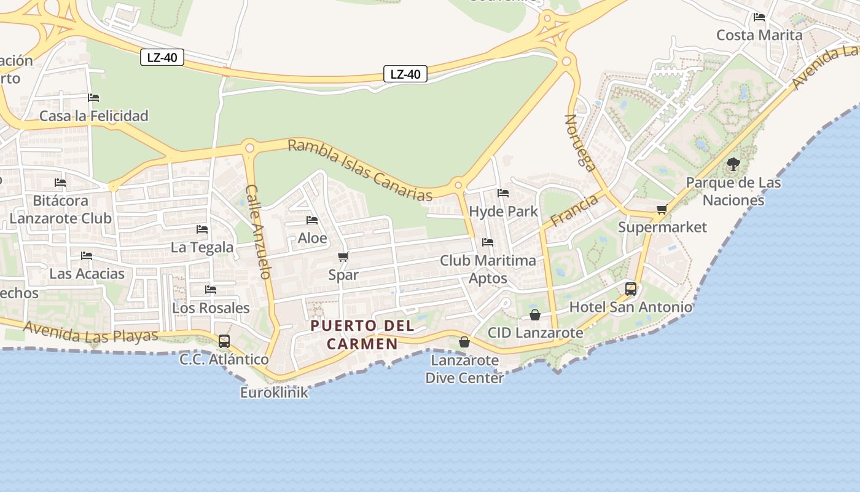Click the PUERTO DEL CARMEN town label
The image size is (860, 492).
click(362, 335)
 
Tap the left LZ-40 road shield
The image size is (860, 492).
click(162, 58)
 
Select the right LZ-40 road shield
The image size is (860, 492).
click(405, 74)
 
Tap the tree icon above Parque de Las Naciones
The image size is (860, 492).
click(733, 164)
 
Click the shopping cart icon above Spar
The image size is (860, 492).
click(343, 256)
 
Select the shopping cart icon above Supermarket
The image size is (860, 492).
click(662, 210)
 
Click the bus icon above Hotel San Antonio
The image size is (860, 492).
click(631, 289)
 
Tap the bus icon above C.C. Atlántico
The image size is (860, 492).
click(224, 341)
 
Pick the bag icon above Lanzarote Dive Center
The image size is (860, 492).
click(464, 342)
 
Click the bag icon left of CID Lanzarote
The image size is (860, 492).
click(535, 315)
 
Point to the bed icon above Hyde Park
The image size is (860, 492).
click(503, 193)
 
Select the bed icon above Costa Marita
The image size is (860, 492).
click(759, 17)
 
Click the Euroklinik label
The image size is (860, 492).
click(274, 392)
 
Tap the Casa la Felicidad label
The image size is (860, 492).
click(94, 116)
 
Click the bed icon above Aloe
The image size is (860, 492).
click(312, 220)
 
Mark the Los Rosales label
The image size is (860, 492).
click(211, 307)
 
